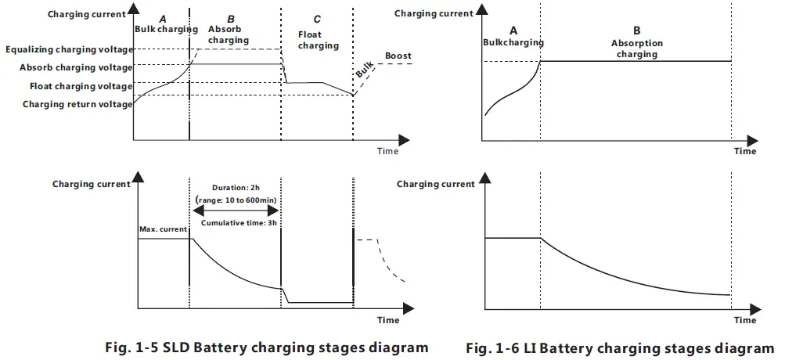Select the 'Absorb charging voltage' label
click(x=76, y=67)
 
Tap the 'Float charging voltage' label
click(x=81, y=86)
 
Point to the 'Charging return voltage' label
click(x=77, y=104)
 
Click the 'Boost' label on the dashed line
click(x=398, y=56)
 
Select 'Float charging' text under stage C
click(x=319, y=40)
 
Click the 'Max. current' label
click(x=163, y=230)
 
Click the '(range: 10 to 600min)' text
click(x=235, y=200)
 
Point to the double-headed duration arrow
click(x=235, y=212)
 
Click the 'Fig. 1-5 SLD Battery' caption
click(x=267, y=346)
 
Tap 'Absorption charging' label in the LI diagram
click(x=636, y=49)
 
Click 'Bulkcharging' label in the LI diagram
click(x=513, y=42)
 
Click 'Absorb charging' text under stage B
click(x=229, y=34)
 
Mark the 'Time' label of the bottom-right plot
click(x=745, y=320)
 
